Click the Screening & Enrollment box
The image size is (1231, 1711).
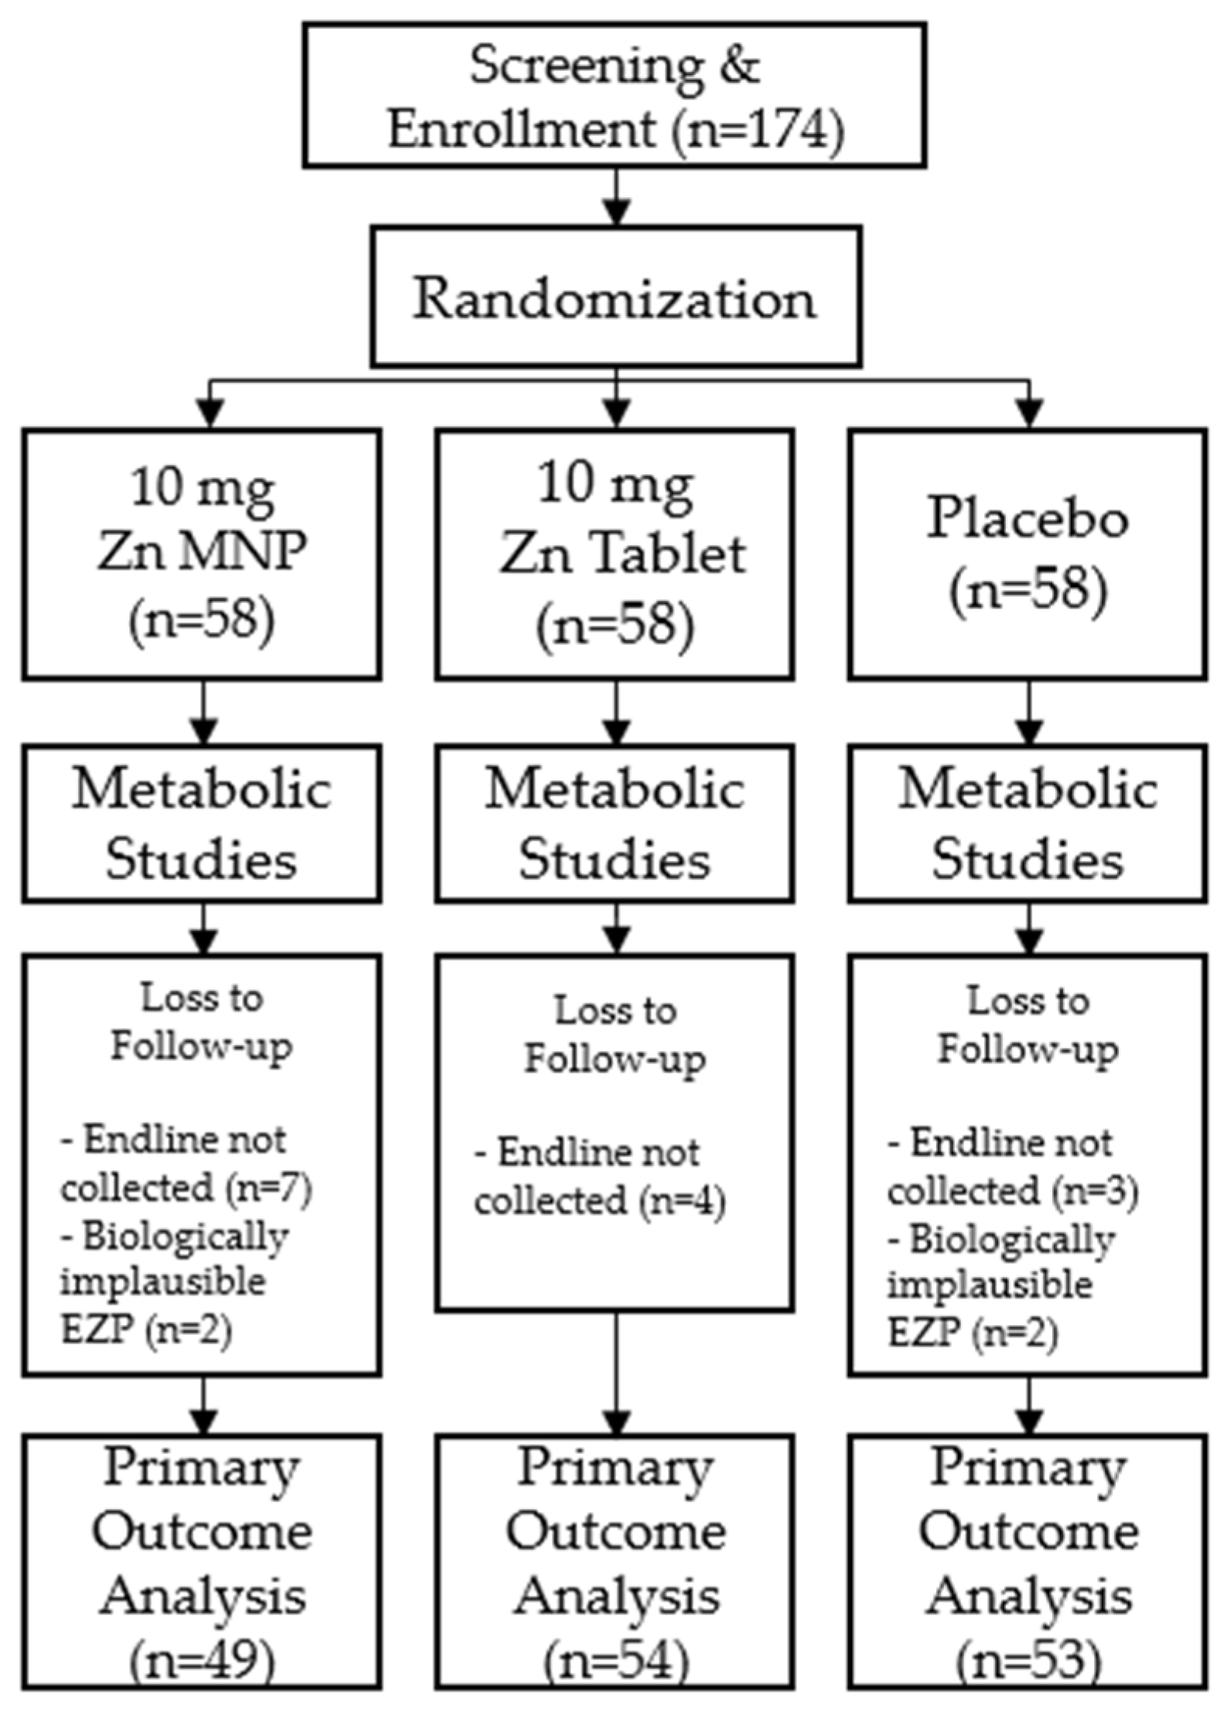[615, 94]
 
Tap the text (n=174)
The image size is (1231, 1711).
[757, 128]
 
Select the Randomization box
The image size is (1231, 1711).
[615, 297]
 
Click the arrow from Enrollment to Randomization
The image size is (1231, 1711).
[616, 196]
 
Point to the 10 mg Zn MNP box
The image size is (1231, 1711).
[202, 554]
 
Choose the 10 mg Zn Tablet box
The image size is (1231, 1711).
[615, 554]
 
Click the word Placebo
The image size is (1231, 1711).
[1028, 518]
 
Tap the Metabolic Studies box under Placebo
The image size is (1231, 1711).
[1028, 823]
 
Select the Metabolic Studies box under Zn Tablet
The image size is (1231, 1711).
[615, 823]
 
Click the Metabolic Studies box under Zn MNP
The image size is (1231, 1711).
[202, 823]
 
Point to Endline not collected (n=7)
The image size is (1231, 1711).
[186, 1166]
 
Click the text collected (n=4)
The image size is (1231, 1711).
[600, 1201]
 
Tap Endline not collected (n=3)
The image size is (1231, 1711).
[1012, 1168]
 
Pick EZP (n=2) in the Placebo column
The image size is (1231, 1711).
[972, 1334]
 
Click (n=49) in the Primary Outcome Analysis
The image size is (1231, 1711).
[202, 1658]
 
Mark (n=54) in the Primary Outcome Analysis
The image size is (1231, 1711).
[615, 1660]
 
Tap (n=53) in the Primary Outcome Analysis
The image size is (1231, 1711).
[1028, 1660]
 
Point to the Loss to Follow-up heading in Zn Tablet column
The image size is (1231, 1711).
[615, 1036]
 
